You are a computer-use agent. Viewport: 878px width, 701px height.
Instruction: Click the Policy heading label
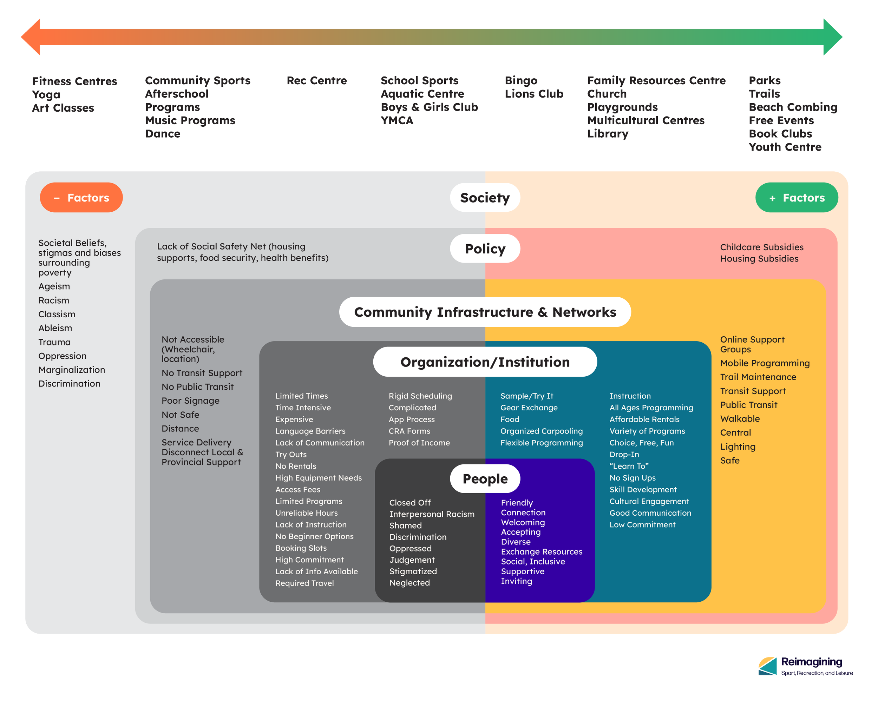[485, 249]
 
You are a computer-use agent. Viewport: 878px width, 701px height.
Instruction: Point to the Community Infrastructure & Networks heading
[485, 312]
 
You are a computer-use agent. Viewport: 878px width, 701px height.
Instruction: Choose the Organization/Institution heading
[485, 362]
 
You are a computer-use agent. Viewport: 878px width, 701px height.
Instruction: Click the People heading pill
[485, 479]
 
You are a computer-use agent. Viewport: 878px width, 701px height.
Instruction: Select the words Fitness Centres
[74, 81]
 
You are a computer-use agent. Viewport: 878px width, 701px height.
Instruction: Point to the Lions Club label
[534, 94]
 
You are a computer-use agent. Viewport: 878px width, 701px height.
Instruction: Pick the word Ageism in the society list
[54, 286]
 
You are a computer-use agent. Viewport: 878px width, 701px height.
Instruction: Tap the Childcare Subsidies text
[761, 247]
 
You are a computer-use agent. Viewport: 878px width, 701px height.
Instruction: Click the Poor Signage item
[190, 401]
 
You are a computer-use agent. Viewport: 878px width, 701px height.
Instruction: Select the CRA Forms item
[409, 431]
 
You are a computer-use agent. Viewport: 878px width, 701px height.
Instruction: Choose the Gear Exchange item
[529, 408]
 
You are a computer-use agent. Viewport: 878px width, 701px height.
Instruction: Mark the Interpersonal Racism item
[432, 514]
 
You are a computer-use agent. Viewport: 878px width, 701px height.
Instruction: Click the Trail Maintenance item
[758, 377]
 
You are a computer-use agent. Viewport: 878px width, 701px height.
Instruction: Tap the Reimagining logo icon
[768, 666]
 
